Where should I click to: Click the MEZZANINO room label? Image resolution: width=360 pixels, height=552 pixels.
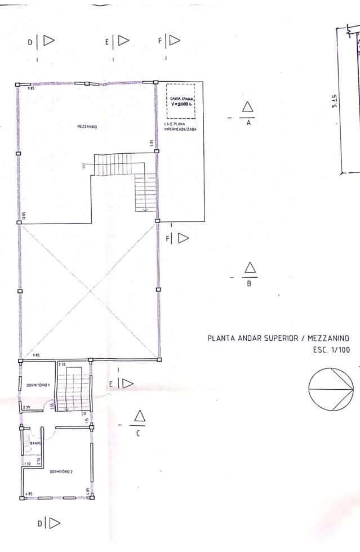[x=87, y=127]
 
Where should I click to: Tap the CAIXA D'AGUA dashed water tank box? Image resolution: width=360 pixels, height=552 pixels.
[x=180, y=101]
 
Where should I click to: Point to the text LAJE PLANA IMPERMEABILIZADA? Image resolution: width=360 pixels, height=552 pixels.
[x=180, y=127]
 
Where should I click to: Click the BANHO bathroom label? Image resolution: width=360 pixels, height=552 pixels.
[x=36, y=444]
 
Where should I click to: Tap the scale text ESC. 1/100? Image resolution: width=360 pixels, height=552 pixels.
[x=331, y=350]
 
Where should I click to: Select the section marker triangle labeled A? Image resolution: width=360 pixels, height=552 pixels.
[x=247, y=108]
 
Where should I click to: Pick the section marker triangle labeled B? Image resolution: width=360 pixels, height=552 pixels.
[x=250, y=268]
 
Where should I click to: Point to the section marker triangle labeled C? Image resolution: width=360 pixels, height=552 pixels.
[x=139, y=416]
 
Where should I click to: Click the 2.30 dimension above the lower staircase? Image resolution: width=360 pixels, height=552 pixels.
[x=62, y=365]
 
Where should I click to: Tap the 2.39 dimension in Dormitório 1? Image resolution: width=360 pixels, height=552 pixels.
[x=26, y=407]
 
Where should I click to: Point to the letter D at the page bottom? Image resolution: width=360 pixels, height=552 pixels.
[x=40, y=524]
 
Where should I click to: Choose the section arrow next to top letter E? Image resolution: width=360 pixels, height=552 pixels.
[x=123, y=41]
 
